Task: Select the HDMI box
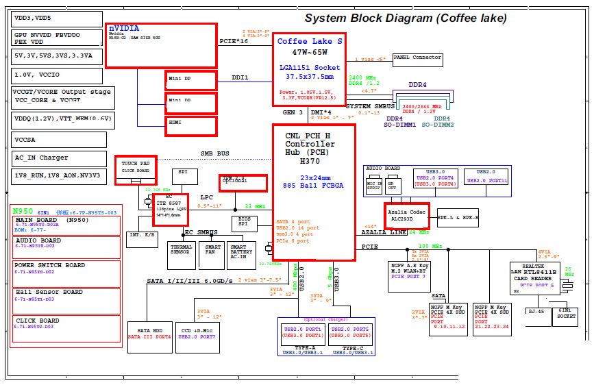pos(191,126)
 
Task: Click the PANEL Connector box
pos(417,58)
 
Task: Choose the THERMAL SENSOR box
pos(182,255)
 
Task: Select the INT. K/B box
pos(142,239)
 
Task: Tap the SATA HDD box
pos(149,334)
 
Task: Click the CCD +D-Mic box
pos(197,334)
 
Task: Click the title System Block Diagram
pos(406,18)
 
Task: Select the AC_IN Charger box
pos(58,158)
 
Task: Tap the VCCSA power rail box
pos(58,140)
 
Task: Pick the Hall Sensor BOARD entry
pos(66,295)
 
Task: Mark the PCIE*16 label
pos(234,42)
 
